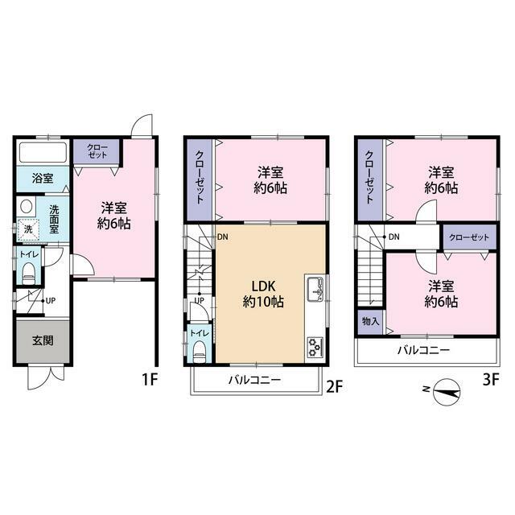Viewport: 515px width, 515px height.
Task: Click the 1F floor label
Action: click(150, 379)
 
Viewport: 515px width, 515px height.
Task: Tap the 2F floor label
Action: click(335, 386)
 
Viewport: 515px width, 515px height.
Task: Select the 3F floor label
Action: click(491, 379)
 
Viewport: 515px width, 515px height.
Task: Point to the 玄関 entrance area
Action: click(43, 341)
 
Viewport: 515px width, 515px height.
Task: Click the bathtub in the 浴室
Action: click(43, 152)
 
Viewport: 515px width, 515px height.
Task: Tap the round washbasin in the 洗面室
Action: click(27, 207)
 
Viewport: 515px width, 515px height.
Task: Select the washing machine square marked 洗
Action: click(28, 229)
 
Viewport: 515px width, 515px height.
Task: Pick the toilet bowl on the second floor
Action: click(200, 352)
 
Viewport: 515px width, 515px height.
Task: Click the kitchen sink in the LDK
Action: click(315, 289)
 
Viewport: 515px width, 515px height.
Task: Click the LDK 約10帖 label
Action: click(263, 295)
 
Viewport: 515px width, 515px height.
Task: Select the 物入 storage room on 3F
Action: click(370, 322)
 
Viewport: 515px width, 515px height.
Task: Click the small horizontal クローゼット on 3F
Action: click(470, 237)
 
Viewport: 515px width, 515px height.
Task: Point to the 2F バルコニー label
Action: click(255, 380)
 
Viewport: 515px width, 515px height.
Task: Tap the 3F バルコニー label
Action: click(424, 350)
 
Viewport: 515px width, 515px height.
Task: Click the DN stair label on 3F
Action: click(393, 237)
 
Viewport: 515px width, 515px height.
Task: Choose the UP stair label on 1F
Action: click(51, 300)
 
